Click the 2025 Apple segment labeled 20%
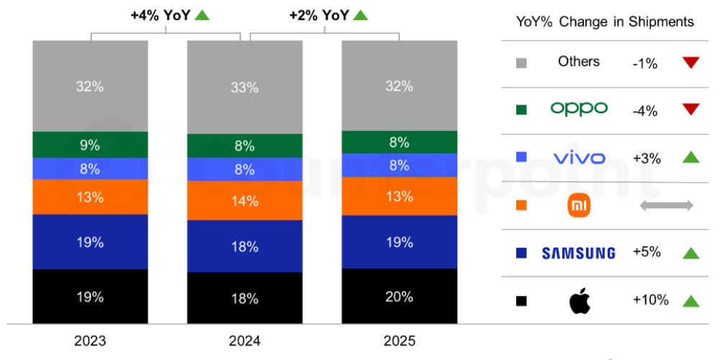(x=399, y=296)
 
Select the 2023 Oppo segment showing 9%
(x=90, y=145)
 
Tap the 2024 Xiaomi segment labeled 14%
(x=244, y=201)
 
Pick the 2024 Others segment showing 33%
(x=244, y=87)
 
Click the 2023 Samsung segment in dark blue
(x=90, y=242)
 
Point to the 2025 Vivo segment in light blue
(x=399, y=165)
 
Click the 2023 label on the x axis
(x=89, y=341)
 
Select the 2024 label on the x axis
(x=244, y=341)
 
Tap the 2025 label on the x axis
(x=399, y=341)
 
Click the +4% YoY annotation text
(x=161, y=14)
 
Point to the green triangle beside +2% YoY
(x=361, y=14)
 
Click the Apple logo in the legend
(x=579, y=301)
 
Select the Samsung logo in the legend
(x=579, y=253)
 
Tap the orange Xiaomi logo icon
(x=579, y=206)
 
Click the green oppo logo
(x=579, y=109)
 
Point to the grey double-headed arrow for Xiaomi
(x=666, y=206)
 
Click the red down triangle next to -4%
(x=690, y=109)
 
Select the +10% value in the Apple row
(x=650, y=300)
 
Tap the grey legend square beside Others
(x=521, y=63)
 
